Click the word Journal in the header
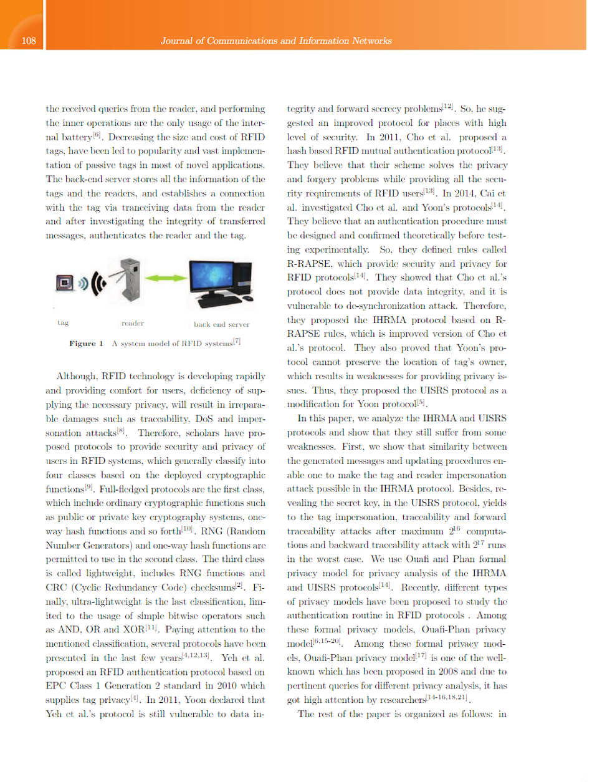(176, 41)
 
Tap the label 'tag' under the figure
(62, 323)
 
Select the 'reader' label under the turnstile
(132, 323)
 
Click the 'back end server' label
(221, 324)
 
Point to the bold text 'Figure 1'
(86, 344)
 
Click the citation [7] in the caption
(236, 341)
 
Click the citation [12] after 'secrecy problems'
(447, 107)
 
